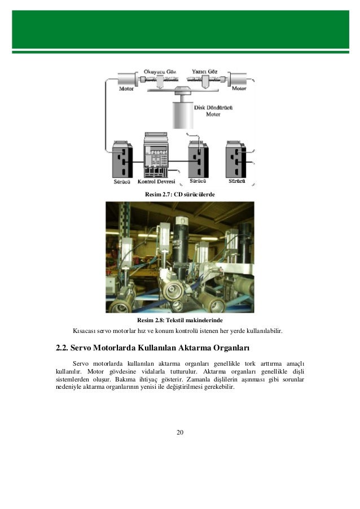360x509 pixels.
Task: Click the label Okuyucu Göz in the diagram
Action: (x=158, y=72)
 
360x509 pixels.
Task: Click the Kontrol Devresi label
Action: (x=157, y=182)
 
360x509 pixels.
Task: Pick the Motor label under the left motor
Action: (x=126, y=89)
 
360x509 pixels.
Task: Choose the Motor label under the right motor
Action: (x=239, y=89)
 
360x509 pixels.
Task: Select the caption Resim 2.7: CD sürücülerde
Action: (x=180, y=195)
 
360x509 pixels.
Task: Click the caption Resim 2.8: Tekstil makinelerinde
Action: (x=180, y=321)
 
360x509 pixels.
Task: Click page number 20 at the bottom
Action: (x=180, y=432)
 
